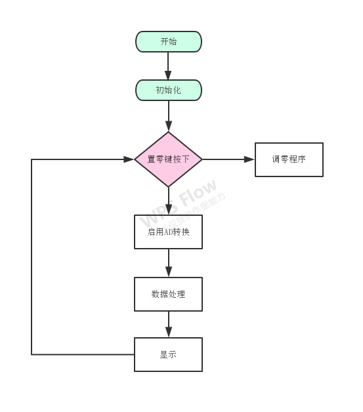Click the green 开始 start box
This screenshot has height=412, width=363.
[x=168, y=41]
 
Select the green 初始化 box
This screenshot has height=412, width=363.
[x=168, y=90]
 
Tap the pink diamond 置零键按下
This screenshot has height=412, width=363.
[x=168, y=159]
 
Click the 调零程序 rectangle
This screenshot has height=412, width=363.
[x=289, y=159]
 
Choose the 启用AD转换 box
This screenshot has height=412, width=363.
[x=168, y=232]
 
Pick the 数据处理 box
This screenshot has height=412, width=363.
[x=168, y=294]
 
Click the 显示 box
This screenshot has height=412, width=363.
[x=168, y=354]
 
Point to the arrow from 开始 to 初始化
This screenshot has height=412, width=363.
[x=168, y=66]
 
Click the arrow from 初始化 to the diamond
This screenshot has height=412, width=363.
[x=168, y=116]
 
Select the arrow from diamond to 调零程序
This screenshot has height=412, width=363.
[x=226, y=159]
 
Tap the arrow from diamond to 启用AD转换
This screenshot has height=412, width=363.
[x=168, y=200]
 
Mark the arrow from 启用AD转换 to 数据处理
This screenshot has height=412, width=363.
[x=168, y=262]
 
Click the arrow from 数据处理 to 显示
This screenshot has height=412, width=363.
[x=168, y=324]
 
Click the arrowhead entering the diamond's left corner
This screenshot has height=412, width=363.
[x=129, y=159]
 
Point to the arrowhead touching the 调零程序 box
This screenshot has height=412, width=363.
[x=249, y=159]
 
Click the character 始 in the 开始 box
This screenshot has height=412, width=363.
[x=173, y=41]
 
